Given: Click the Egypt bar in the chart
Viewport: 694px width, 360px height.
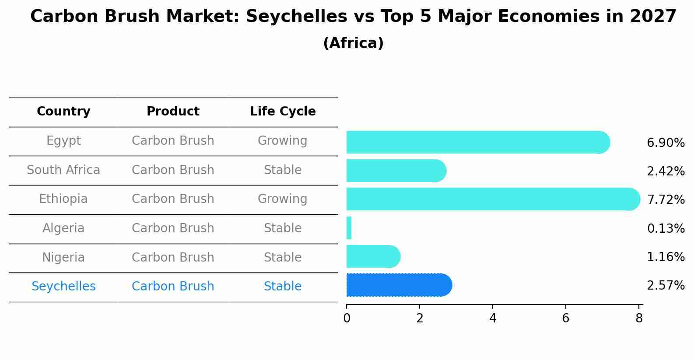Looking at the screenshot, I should point(477,142).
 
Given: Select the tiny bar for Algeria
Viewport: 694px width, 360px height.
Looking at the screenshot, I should point(349,228).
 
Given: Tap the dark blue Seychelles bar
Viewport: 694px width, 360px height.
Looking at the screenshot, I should point(398,285).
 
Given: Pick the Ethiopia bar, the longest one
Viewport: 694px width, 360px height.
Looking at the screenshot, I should point(492,199).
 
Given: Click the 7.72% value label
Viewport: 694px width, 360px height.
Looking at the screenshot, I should point(666,200).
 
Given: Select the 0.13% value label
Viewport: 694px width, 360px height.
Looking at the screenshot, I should point(666,228).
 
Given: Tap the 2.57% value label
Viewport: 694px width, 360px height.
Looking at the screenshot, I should point(666,286).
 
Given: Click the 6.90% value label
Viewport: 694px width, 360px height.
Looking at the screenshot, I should point(666,143).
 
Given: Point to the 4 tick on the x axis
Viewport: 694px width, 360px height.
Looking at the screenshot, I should point(493,318).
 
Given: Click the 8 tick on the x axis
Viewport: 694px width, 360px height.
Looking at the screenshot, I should point(639,318).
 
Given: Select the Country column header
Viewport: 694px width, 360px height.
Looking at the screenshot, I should point(63,112).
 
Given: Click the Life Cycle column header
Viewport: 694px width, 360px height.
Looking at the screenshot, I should point(283,112).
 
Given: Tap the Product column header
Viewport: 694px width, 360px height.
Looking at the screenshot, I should point(173,112).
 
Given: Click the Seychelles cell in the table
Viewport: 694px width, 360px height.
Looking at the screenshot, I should point(63,287).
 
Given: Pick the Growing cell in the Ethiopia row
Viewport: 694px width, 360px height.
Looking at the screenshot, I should point(282,199).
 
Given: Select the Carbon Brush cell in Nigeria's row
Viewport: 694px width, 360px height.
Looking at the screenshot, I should point(173,257).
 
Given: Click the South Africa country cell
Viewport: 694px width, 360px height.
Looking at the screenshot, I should point(63,170).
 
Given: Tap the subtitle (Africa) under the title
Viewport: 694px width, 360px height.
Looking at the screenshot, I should point(353,43).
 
